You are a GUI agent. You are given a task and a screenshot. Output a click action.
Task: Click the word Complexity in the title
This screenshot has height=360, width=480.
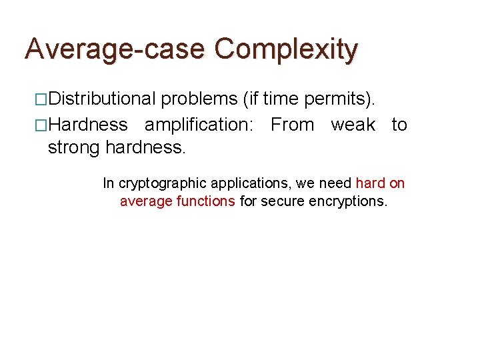tap(287, 49)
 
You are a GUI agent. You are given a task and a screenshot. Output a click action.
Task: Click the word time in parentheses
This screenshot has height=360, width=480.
tap(281, 99)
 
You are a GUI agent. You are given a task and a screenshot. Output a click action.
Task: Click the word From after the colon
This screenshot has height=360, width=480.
tap(292, 125)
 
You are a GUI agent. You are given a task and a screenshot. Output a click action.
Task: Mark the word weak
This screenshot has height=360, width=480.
tap(353, 125)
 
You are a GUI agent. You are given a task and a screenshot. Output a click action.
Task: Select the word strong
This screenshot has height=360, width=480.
tap(74, 147)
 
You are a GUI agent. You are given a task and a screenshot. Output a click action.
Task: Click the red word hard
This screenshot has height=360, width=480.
tap(370, 183)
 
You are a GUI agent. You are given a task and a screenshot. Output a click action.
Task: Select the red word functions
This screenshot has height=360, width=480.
tap(206, 201)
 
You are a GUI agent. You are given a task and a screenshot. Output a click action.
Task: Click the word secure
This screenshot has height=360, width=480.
tap(283, 201)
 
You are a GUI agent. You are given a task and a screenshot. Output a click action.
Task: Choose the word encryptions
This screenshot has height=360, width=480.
tap(348, 201)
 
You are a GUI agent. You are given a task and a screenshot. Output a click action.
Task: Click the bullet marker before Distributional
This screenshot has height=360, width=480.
tap(41, 99)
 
